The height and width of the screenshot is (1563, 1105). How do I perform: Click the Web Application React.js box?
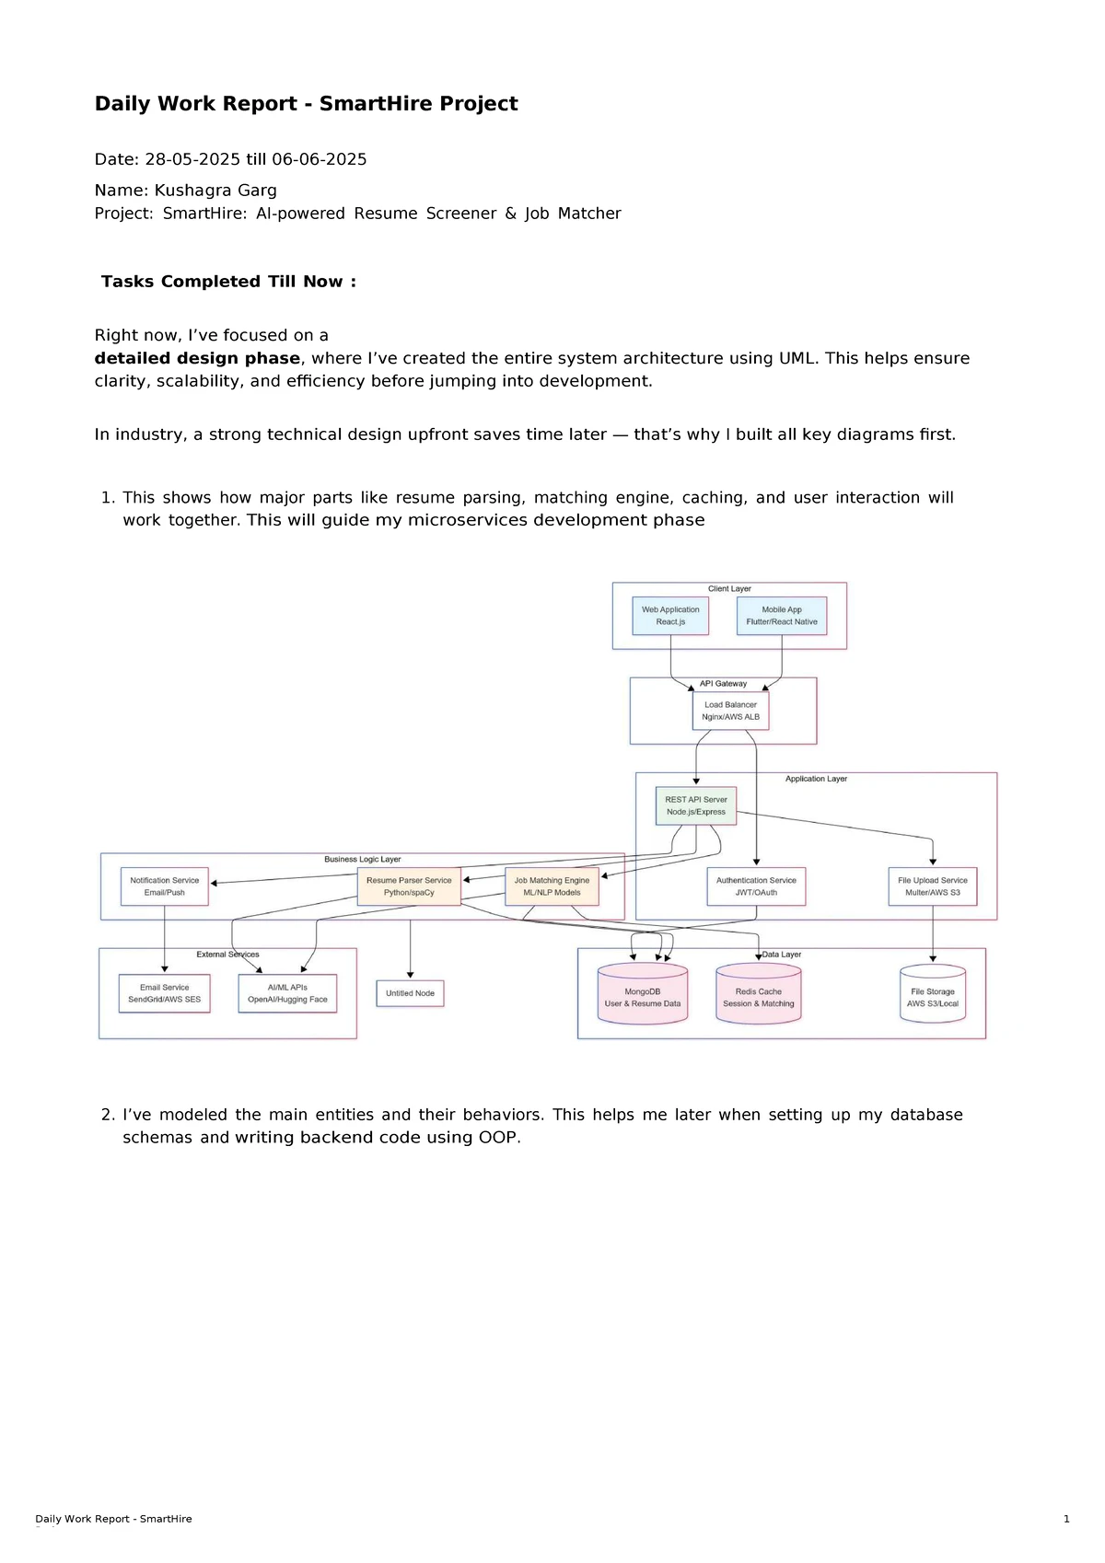click(670, 616)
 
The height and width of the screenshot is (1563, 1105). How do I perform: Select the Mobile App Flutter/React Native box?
click(782, 616)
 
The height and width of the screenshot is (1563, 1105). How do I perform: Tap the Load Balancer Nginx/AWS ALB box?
click(730, 711)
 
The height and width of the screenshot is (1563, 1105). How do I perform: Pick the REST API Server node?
click(696, 805)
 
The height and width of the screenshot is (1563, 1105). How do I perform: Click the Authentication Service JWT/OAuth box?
click(756, 886)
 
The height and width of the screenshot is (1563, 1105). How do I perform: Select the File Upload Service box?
click(933, 886)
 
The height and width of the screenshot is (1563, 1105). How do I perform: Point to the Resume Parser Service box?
click(409, 886)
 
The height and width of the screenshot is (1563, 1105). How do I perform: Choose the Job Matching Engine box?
click(552, 886)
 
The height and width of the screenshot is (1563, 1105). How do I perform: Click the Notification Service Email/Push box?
click(165, 886)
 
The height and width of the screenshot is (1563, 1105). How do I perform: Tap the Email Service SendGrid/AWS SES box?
click(164, 993)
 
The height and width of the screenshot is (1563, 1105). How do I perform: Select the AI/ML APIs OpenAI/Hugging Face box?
click(287, 993)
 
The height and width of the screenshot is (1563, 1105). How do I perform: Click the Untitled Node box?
click(410, 993)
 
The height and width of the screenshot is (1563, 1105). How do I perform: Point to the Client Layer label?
click(729, 588)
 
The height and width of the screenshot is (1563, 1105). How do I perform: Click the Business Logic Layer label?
click(362, 859)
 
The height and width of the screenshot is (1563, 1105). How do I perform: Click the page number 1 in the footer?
click(1066, 1519)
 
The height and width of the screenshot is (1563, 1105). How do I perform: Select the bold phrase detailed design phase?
click(197, 358)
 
